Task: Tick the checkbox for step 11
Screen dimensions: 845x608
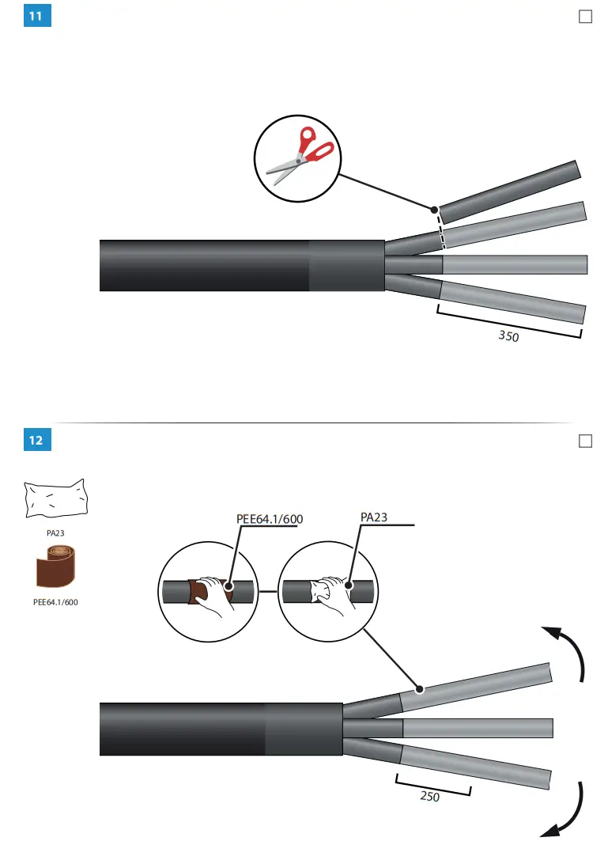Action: pyautogui.click(x=585, y=17)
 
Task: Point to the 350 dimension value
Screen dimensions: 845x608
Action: pyautogui.click(x=508, y=337)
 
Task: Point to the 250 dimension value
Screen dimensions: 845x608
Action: pyautogui.click(x=429, y=797)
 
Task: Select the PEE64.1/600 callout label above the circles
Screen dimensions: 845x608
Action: pyautogui.click(x=270, y=519)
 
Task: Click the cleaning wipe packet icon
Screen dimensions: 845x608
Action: pyautogui.click(x=55, y=500)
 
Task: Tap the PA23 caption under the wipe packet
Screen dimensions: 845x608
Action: pyautogui.click(x=55, y=533)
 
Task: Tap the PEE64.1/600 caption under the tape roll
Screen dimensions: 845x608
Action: pyautogui.click(x=55, y=602)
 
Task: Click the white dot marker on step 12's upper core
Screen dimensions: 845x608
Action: pyautogui.click(x=420, y=689)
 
